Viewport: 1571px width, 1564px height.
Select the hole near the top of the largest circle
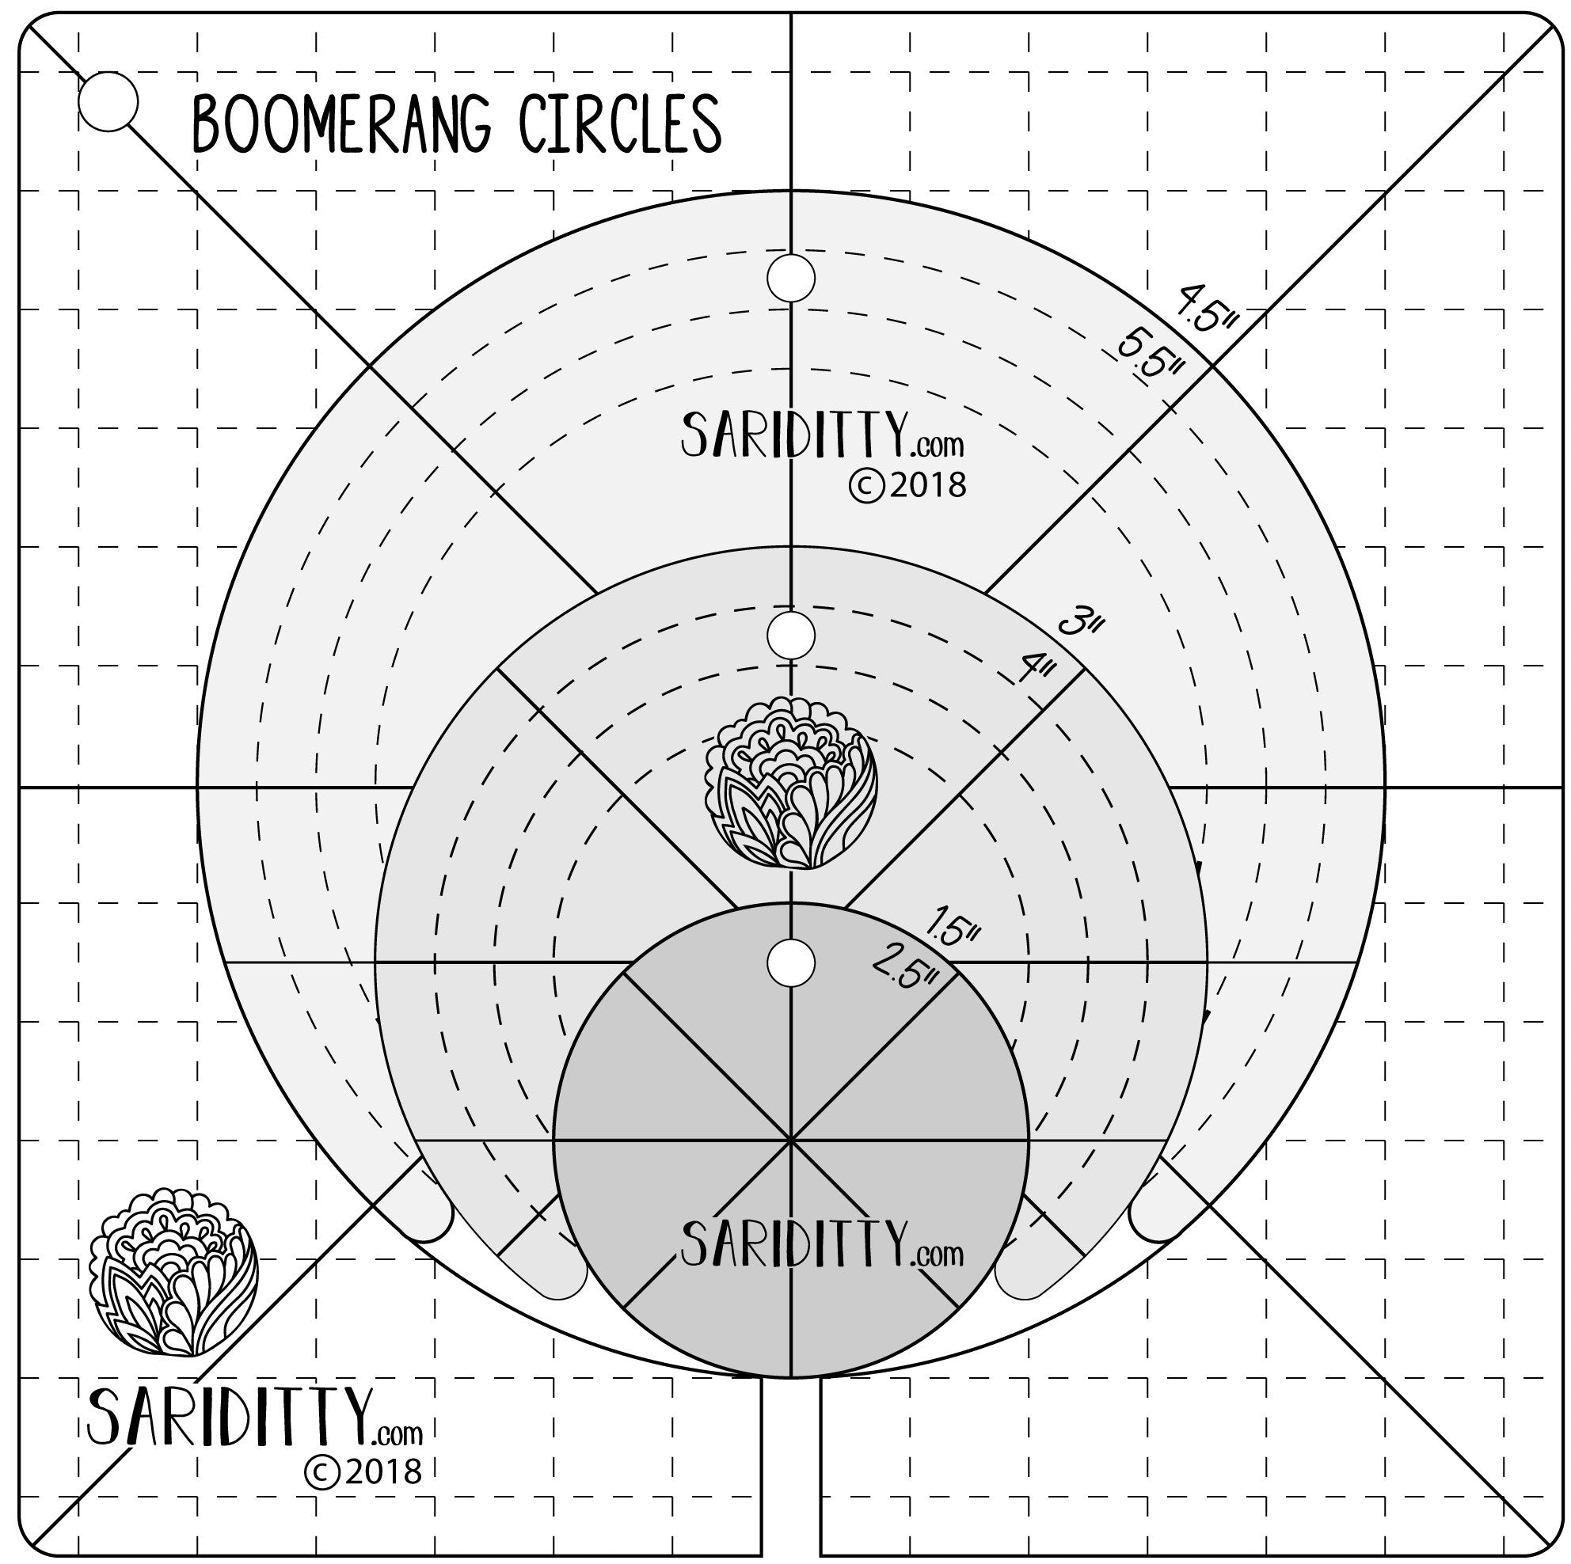pos(790,278)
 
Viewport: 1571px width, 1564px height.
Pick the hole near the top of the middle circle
pos(790,635)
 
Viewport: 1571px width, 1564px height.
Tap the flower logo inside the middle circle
pos(790,782)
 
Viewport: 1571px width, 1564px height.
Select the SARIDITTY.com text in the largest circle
pos(822,435)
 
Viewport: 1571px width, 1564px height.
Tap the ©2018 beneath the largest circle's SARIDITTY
pos(907,485)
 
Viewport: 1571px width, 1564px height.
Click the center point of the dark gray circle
pos(790,1141)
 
